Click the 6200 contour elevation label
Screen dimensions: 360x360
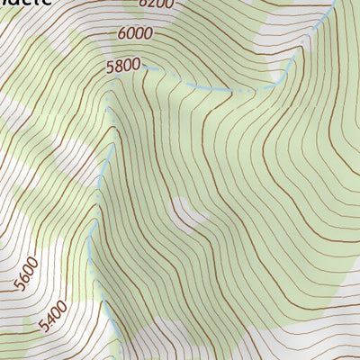(156, 4)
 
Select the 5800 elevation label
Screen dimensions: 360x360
(123, 65)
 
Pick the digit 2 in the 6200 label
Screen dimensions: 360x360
(151, 4)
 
